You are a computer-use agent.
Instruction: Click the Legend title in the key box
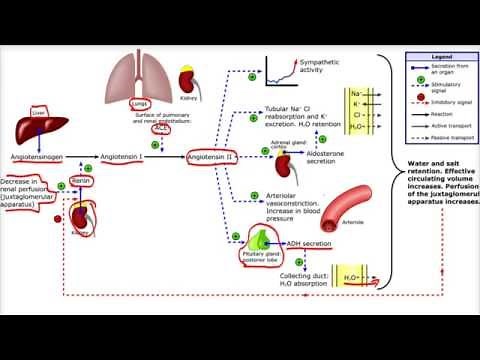coord(442,59)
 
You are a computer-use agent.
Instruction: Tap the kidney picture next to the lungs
coord(188,80)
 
